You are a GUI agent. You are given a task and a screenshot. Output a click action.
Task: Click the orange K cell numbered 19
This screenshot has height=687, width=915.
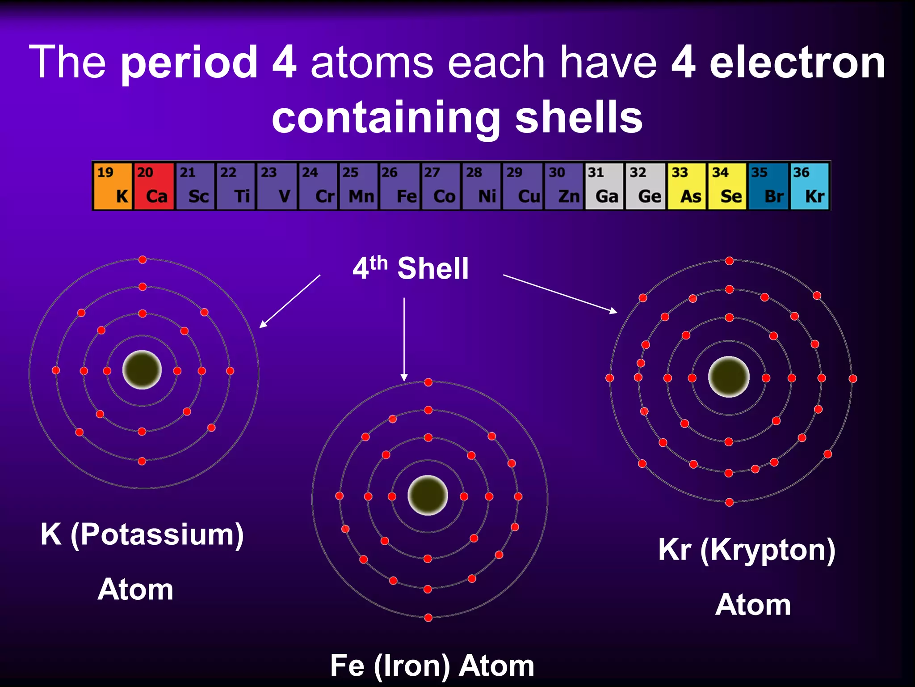113,186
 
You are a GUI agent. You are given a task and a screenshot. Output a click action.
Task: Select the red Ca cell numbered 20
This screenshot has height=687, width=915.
154,186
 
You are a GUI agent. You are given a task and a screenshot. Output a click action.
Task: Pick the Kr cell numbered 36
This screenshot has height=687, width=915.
809,186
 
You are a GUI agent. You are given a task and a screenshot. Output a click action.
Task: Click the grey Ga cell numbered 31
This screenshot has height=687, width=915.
604,186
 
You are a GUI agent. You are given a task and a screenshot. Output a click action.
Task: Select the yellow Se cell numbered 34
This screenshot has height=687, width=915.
727,186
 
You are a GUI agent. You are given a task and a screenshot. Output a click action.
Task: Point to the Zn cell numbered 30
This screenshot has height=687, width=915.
563,186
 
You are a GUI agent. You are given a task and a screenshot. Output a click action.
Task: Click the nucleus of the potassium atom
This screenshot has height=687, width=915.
142,370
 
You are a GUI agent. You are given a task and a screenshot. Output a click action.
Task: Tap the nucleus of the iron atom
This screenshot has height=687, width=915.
428,496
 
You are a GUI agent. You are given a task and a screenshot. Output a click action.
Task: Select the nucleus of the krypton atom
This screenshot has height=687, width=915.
729,377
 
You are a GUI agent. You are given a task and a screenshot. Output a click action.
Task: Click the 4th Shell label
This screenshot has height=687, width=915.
410,268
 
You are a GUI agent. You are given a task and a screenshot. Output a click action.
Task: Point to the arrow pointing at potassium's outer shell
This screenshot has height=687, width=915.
290,301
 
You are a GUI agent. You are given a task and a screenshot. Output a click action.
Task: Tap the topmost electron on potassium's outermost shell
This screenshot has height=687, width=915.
143,260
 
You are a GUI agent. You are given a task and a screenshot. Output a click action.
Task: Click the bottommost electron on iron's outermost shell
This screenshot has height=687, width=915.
428,618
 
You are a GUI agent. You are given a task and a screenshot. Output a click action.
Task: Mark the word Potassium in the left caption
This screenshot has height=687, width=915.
157,534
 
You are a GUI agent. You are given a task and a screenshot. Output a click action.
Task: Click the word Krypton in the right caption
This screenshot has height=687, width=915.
767,550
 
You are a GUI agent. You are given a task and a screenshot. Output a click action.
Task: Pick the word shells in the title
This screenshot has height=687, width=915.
579,117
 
